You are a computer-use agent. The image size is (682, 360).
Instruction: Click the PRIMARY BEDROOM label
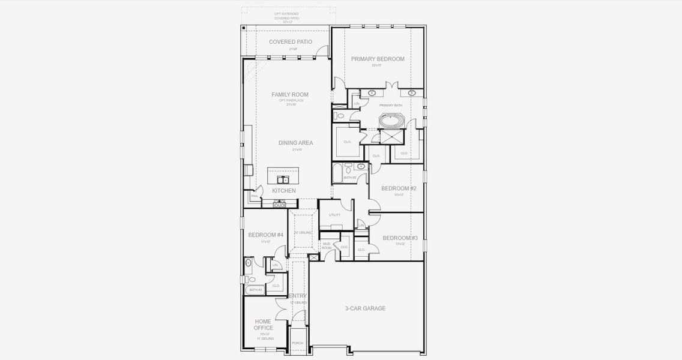point(378,59)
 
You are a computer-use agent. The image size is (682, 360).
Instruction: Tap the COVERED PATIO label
point(291,42)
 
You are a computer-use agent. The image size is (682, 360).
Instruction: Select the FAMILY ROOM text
point(290,95)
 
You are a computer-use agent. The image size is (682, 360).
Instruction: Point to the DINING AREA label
point(295,143)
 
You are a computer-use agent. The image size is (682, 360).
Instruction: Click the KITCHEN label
point(284,191)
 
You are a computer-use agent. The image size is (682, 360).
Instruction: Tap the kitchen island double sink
point(284,179)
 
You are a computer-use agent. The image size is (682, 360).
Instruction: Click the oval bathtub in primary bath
point(391,121)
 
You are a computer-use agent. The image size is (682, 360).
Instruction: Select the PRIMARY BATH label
point(390,106)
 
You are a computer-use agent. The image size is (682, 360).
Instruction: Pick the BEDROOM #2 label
point(399,188)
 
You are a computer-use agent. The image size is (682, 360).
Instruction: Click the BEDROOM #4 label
point(265,235)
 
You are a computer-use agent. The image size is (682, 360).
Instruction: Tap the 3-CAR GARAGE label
point(365,308)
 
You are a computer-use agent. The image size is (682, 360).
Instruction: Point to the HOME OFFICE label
point(264,325)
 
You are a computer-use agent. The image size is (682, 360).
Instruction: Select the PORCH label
point(297,343)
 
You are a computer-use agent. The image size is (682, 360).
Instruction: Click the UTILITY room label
point(334,215)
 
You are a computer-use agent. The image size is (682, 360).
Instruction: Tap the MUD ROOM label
point(327,245)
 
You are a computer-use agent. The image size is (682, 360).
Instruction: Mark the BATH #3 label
point(256,290)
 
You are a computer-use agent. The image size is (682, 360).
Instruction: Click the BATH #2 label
point(350,178)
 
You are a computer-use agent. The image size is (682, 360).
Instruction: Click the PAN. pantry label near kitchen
point(255,196)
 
